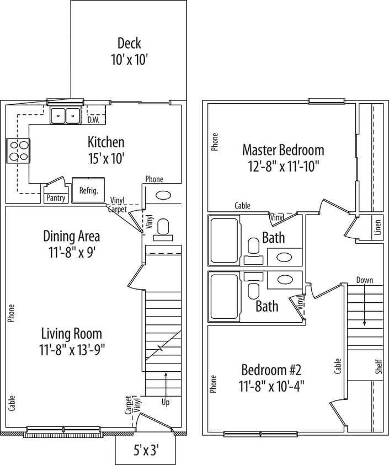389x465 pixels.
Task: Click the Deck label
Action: point(129,43)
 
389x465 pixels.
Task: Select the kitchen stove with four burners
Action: point(18,151)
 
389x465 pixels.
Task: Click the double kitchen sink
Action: point(65,115)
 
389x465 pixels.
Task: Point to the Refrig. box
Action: point(88,190)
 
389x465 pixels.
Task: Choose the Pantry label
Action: point(56,198)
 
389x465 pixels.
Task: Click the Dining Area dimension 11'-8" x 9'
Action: point(72,253)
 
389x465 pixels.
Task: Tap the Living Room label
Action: point(72,334)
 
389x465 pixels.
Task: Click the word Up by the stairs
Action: point(166,402)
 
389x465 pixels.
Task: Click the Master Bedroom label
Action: point(283,150)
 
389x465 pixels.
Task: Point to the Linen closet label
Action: point(377,227)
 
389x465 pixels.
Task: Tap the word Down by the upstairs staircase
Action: point(365,280)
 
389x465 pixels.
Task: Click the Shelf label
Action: point(379,367)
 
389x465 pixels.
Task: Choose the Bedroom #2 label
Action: point(271,370)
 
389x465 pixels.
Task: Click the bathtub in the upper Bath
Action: point(225,240)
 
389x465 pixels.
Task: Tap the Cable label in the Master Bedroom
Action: point(242,206)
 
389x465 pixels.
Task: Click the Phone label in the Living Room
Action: point(11,313)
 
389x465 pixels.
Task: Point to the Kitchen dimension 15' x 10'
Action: point(106,159)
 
